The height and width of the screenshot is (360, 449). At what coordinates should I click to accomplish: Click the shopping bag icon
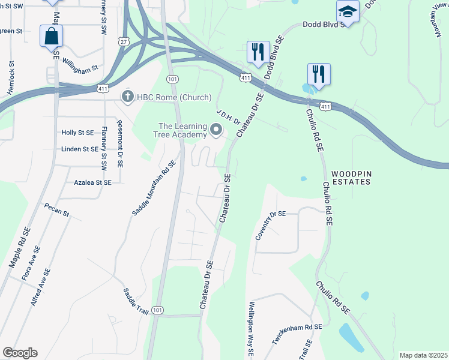point(52,36)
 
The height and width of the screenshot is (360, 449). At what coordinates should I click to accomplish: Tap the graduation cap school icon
point(348,11)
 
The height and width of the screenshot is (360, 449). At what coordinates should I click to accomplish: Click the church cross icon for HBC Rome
point(127,97)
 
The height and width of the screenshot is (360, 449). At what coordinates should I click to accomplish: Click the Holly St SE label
point(78,133)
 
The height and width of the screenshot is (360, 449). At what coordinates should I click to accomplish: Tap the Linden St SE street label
point(80,149)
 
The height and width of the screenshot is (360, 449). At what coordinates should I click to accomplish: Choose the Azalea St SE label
point(92,182)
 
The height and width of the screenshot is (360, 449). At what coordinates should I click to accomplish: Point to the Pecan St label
point(57,209)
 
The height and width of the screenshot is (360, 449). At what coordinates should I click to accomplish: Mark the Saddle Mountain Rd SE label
point(154,188)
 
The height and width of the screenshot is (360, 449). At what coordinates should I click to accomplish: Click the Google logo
point(20,353)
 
